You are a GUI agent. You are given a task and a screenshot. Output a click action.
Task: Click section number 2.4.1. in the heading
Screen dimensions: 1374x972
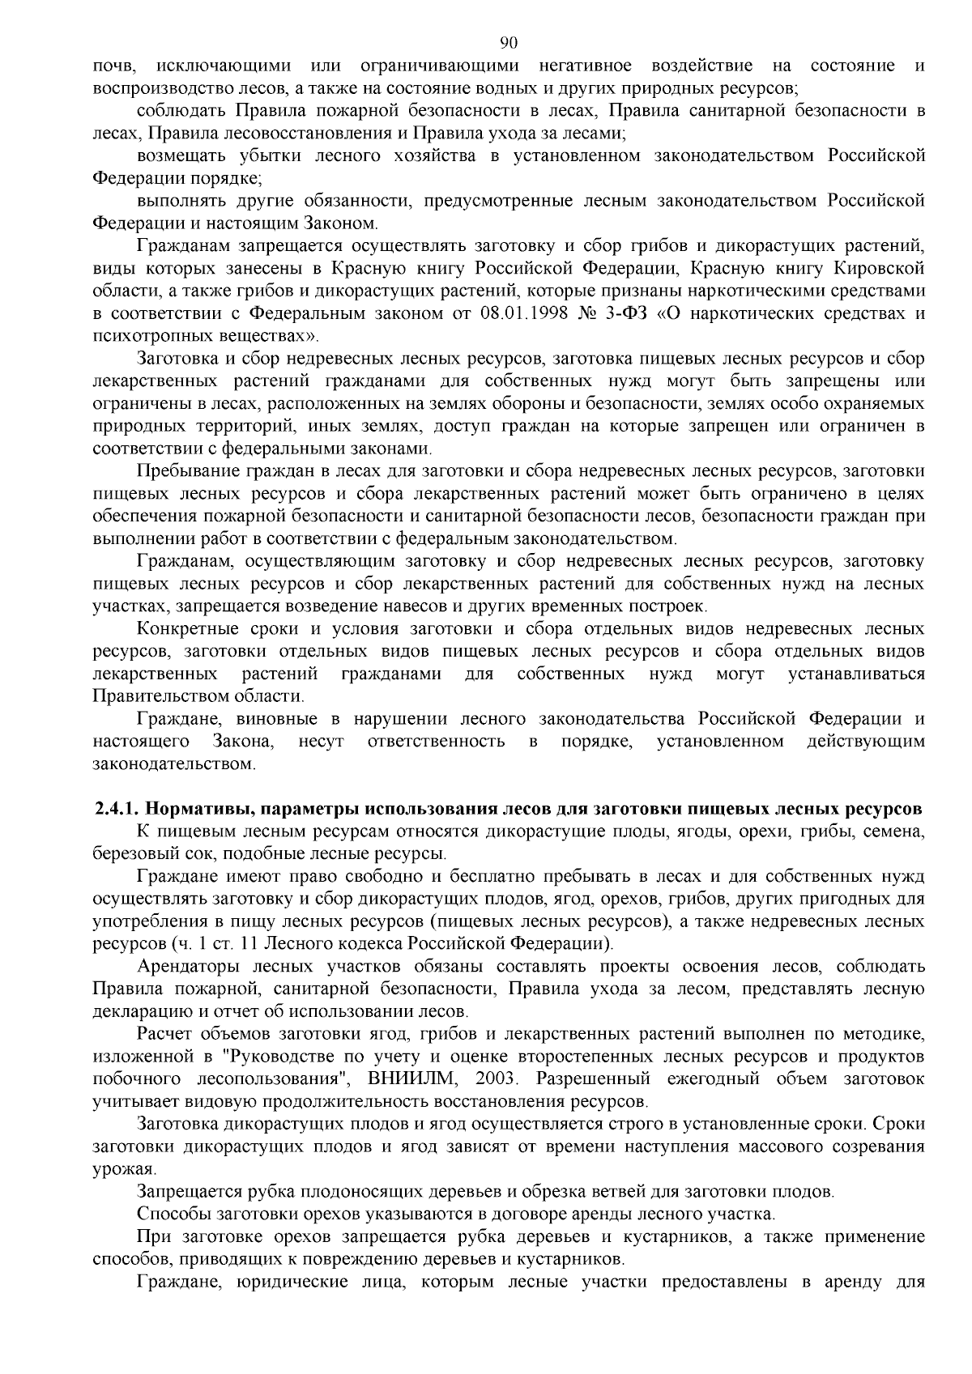pyautogui.click(x=117, y=808)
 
